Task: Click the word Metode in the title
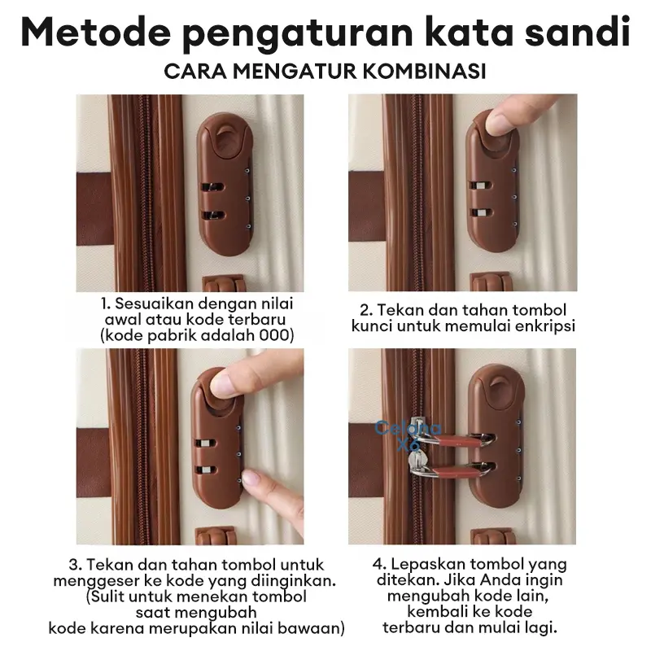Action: pyautogui.click(x=96, y=33)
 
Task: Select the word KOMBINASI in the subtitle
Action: pyautogui.click(x=424, y=72)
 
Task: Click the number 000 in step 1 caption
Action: pyautogui.click(x=273, y=335)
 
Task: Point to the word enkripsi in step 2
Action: pyautogui.click(x=545, y=326)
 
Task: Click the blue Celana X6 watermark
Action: pyautogui.click(x=408, y=435)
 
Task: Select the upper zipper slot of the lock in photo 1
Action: pyautogui.click(x=212, y=187)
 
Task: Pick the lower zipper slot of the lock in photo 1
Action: pyautogui.click(x=212, y=215)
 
